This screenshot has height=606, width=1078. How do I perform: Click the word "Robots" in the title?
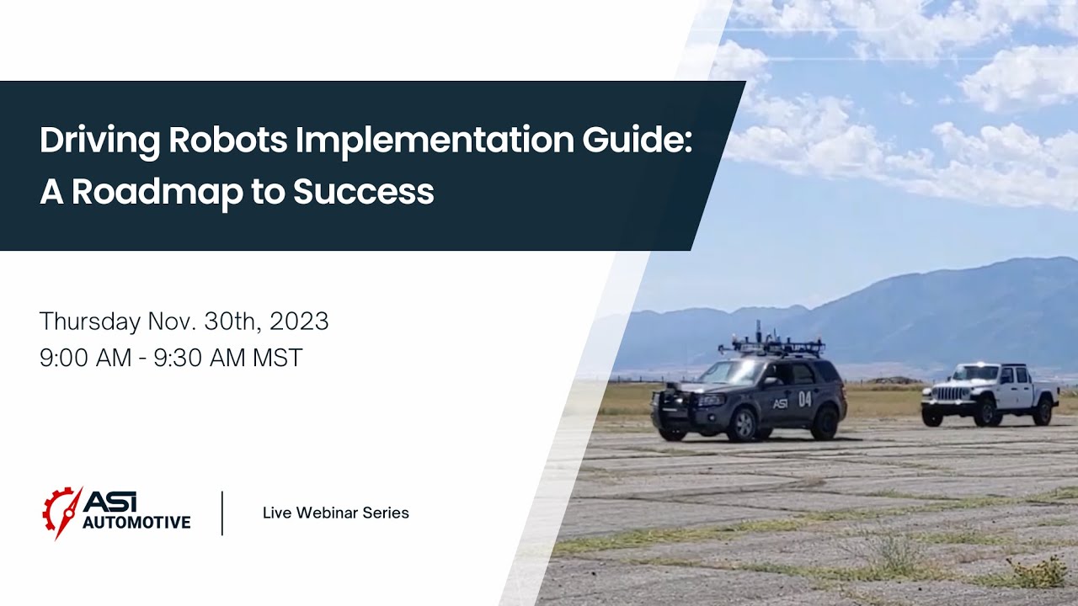227,141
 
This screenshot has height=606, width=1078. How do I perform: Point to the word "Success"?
363,192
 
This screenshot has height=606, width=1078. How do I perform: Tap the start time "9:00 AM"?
85,358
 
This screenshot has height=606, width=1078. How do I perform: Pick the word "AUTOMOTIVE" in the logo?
136,523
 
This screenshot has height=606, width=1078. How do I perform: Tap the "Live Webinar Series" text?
335,513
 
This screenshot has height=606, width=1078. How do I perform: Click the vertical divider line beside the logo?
222,513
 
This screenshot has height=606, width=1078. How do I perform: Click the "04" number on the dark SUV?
804,399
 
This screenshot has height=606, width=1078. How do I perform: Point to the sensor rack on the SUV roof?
771,343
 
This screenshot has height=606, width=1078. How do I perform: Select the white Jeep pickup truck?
990,394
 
